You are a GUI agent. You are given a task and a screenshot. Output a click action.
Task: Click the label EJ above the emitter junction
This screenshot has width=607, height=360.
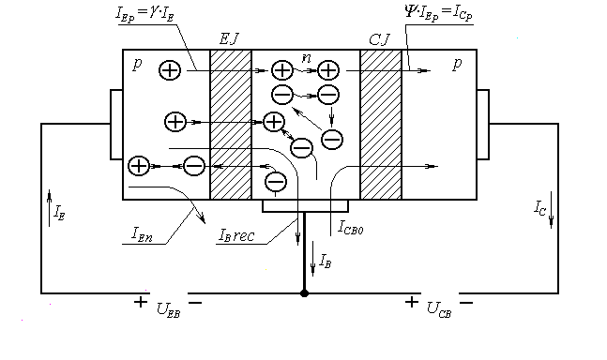[x=230, y=38]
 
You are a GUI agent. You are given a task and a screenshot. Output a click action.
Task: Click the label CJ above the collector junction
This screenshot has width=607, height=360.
[x=380, y=38]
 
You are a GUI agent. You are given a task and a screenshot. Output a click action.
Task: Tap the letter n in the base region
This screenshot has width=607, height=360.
[x=306, y=58]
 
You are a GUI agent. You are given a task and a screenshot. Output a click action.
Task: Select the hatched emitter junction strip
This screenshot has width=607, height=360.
[x=231, y=124]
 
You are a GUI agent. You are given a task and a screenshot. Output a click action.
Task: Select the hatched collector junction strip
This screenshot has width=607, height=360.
[x=380, y=124]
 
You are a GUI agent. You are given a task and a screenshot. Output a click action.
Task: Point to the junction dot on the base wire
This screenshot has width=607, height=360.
[x=304, y=293]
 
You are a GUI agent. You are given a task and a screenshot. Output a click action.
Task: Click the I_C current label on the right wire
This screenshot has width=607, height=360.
[x=542, y=203]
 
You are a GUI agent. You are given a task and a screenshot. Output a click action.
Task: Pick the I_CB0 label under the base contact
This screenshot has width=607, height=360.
[x=354, y=225]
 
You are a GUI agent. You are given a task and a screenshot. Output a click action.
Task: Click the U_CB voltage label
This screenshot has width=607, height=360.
[x=438, y=307]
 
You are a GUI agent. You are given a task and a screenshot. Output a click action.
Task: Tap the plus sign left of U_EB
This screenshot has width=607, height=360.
[x=141, y=302]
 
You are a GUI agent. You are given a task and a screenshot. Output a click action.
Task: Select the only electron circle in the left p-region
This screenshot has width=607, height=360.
[x=194, y=166]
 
